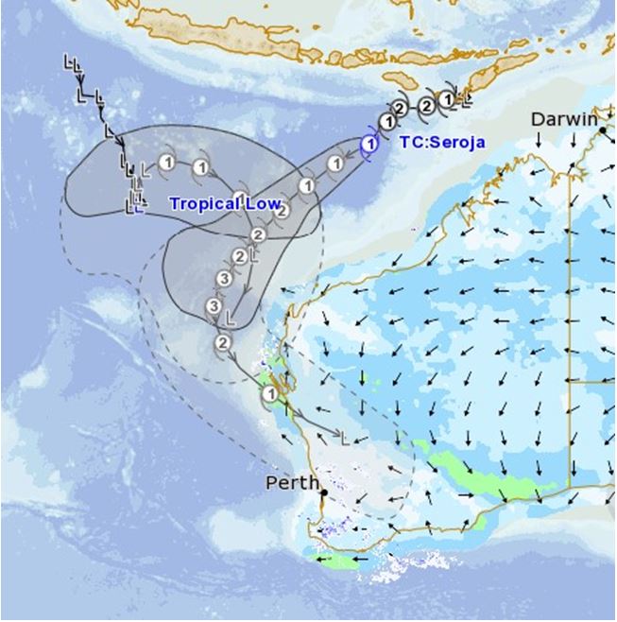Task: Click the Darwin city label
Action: pyautogui.click(x=563, y=119)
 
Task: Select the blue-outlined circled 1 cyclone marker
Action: pyautogui.click(x=370, y=145)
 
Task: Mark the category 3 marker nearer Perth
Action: pyautogui.click(x=214, y=307)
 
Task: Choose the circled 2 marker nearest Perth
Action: pyautogui.click(x=223, y=342)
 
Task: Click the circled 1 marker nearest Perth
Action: pyautogui.click(x=269, y=393)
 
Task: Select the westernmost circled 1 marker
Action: pyautogui.click(x=165, y=161)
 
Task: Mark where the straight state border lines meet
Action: pyautogui.click(x=569, y=381)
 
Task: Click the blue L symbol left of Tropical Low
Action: pyautogui.click(x=138, y=207)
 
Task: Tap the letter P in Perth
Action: pyautogui.click(x=272, y=483)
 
